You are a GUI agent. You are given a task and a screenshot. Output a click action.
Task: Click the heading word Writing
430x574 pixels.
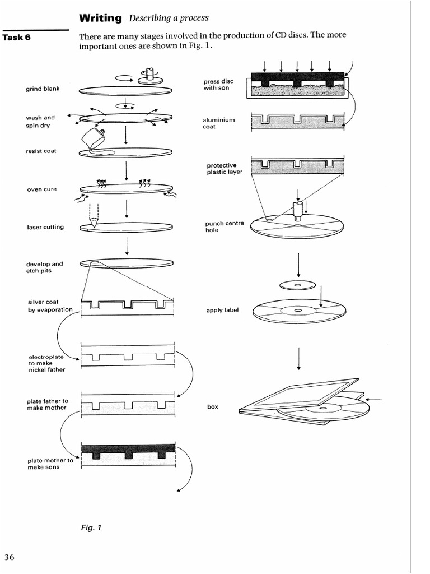tap(100, 18)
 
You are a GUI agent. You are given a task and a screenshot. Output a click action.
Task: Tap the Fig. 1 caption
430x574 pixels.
tap(90, 527)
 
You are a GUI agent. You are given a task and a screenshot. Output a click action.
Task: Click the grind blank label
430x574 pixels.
tap(43, 89)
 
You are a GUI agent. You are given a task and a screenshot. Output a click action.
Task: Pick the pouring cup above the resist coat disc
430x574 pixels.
tap(93, 136)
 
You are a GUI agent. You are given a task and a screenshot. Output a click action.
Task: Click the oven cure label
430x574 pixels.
tap(42, 189)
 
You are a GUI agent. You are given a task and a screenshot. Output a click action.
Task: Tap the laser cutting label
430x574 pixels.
tap(45, 227)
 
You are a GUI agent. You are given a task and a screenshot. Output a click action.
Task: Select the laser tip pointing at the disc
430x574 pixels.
tap(93, 223)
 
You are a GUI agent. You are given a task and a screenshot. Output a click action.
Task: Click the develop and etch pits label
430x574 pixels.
tap(45, 267)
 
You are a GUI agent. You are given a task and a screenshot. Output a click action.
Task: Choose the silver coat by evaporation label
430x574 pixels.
tap(50, 305)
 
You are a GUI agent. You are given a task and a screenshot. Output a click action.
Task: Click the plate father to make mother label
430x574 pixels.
tap(47, 404)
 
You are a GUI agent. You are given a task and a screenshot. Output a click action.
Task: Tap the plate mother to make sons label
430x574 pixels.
tap(50, 464)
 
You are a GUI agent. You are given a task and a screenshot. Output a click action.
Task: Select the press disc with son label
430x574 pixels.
tap(218, 85)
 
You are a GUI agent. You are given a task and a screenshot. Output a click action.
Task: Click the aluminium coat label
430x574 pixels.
tap(218, 123)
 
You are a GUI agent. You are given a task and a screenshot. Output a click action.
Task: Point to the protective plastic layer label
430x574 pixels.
tap(225, 169)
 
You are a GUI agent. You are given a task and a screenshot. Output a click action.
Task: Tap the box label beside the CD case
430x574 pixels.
tap(212, 407)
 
